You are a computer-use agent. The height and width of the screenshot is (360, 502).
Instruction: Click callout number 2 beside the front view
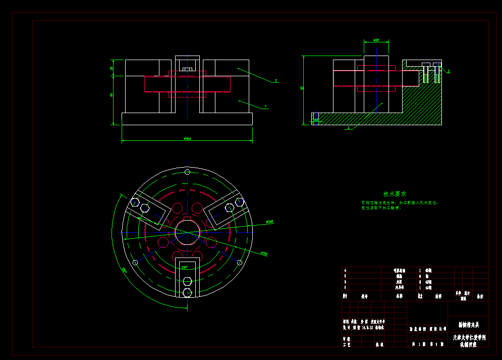point(276,81)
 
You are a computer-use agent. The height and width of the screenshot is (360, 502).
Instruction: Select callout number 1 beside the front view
point(266,107)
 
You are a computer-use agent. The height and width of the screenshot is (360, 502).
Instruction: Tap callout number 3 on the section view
point(449,72)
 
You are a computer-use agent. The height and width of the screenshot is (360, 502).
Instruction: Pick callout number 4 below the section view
point(348,128)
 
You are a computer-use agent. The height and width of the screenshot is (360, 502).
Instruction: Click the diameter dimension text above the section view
point(376,40)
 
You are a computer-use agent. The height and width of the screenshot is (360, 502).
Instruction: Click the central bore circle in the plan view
point(187,232)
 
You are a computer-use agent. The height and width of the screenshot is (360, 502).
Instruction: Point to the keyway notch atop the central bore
point(187,220)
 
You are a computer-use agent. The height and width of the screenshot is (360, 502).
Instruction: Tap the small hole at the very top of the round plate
point(187,172)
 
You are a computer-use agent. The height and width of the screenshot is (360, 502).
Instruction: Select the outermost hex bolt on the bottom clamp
point(187,292)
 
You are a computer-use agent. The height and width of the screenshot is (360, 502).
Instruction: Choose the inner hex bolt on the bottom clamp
point(187,281)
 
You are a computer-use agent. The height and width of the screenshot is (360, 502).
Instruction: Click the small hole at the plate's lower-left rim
point(135,262)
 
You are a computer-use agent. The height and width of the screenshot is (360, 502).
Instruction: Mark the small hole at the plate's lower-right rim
point(240,262)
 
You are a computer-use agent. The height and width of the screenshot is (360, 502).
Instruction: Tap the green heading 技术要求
point(395,194)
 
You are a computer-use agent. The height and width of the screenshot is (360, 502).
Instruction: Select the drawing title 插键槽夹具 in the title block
point(469,325)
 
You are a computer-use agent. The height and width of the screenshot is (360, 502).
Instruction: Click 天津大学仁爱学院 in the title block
point(469,336)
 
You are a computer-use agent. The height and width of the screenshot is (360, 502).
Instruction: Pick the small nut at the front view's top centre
point(187,69)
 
